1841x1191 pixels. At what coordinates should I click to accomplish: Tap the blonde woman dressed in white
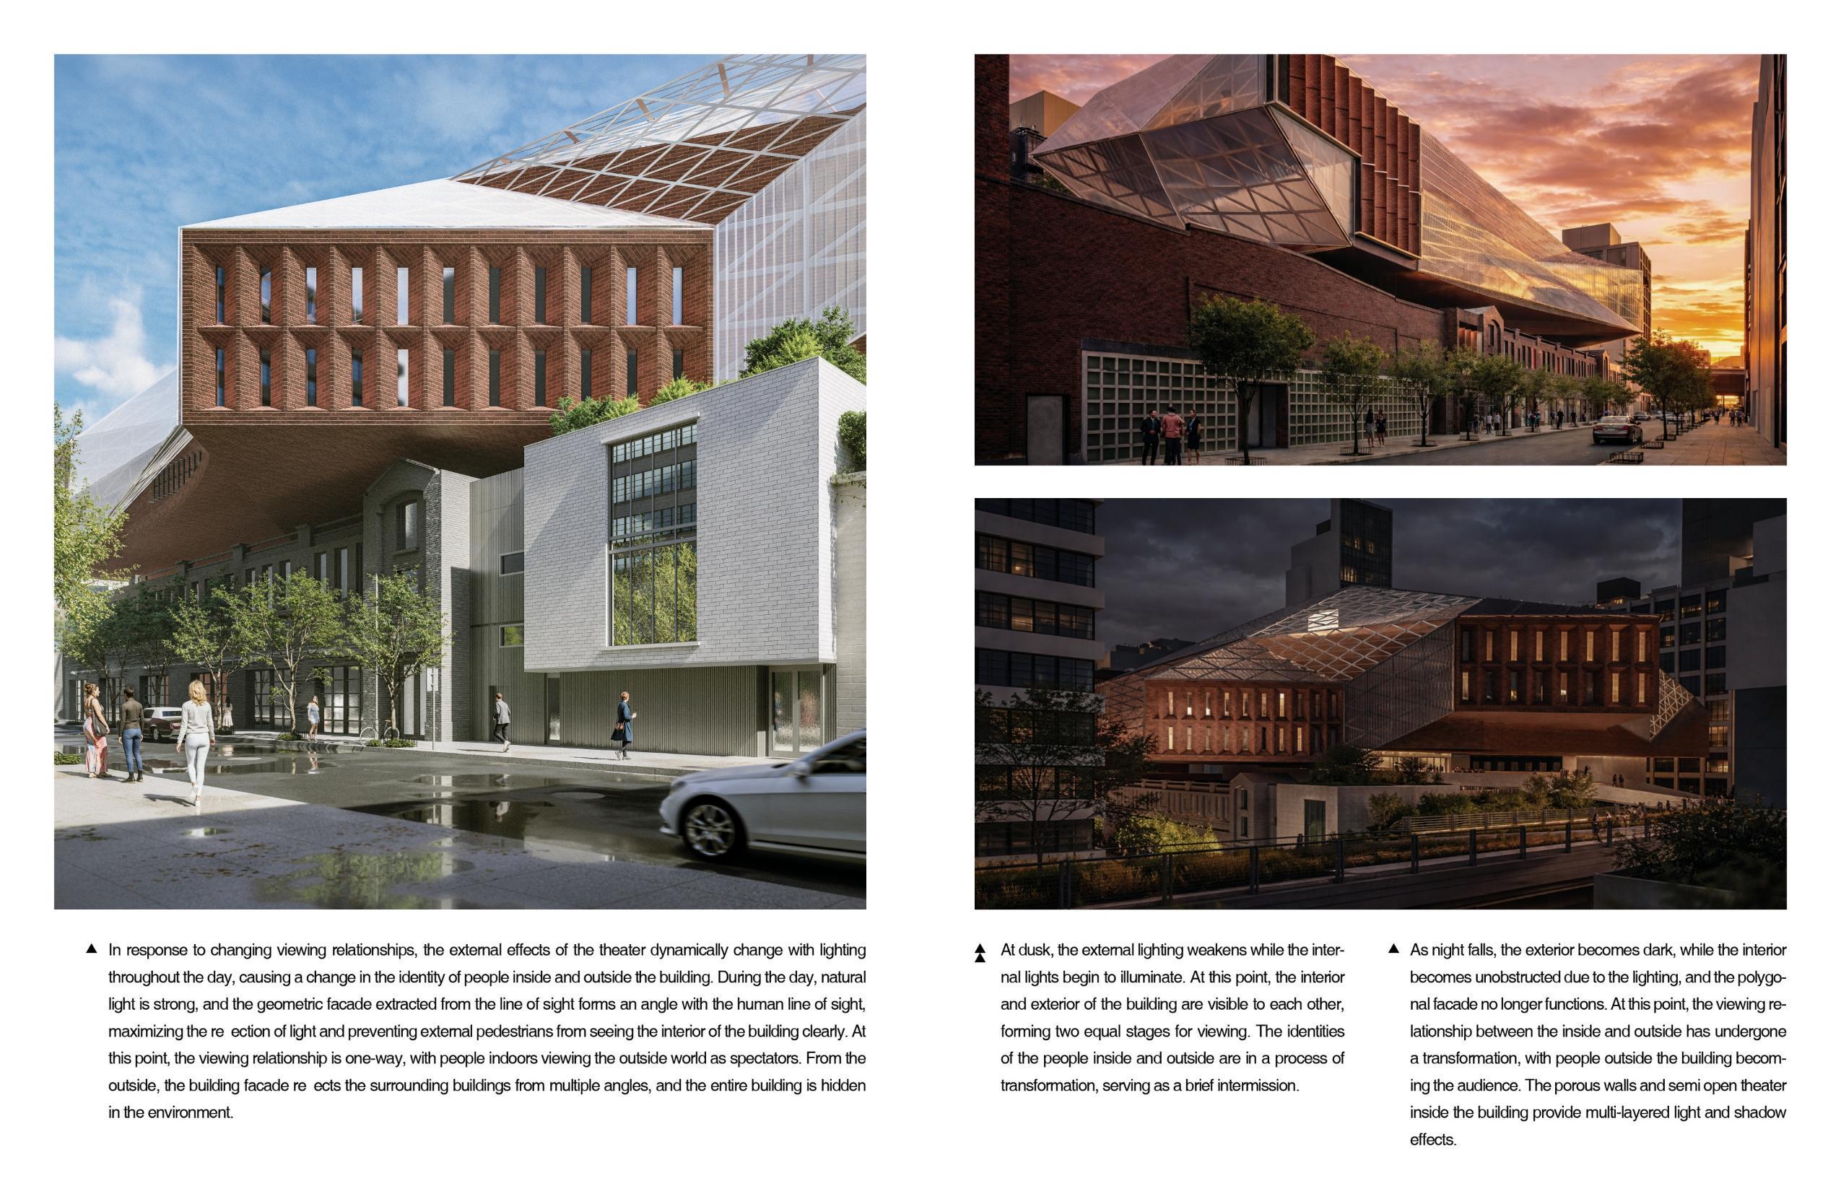(x=196, y=738)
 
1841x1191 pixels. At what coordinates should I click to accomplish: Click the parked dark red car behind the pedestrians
(x=161, y=723)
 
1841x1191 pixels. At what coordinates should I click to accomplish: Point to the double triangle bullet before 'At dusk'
(x=980, y=953)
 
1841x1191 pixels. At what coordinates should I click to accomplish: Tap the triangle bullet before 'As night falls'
(x=1394, y=949)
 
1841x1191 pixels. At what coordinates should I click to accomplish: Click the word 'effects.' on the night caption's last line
(x=1432, y=1140)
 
